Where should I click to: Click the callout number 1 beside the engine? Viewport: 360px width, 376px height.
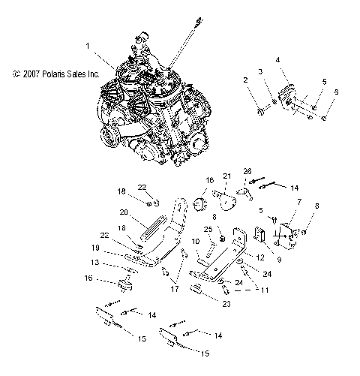[x=89, y=46]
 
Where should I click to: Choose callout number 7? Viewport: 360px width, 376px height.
[x=299, y=203]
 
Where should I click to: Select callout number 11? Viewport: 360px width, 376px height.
[x=262, y=287]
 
